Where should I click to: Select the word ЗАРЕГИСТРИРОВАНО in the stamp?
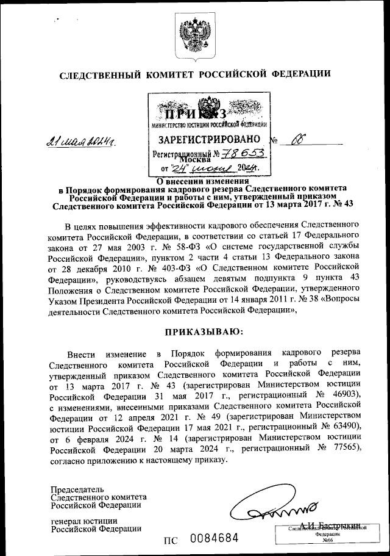210,139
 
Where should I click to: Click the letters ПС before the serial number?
172,540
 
